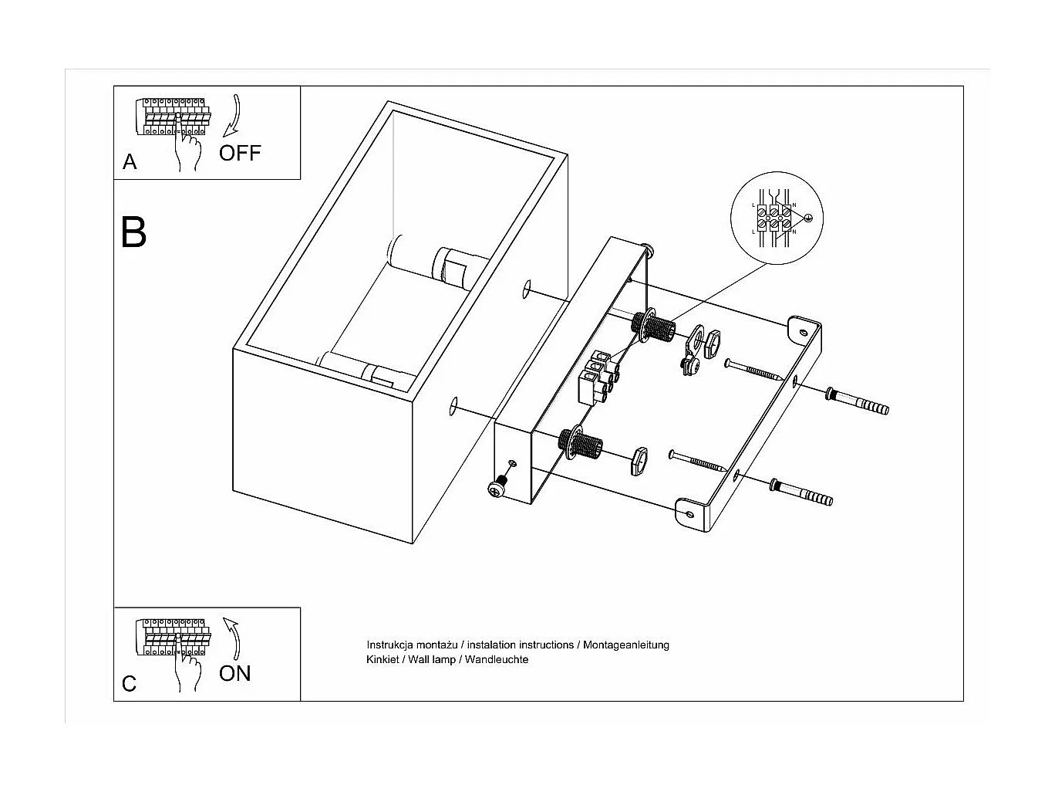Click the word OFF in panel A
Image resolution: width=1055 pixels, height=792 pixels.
click(240, 153)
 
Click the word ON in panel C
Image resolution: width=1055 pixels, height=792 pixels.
click(235, 673)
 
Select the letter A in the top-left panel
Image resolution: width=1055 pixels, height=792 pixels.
click(130, 162)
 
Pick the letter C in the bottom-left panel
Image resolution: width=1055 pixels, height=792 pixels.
click(130, 684)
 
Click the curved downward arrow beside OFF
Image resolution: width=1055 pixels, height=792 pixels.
click(232, 116)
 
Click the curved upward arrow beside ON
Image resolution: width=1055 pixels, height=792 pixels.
click(232, 638)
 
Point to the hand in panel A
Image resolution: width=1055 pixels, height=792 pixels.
click(187, 150)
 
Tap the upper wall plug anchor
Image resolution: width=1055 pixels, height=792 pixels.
click(858, 401)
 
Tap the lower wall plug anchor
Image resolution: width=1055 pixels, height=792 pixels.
click(801, 491)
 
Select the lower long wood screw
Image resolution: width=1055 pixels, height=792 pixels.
click(698, 461)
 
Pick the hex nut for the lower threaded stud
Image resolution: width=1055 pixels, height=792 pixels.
click(638, 461)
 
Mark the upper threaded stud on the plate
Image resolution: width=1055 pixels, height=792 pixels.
click(656, 327)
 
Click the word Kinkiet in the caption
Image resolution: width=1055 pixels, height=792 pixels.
click(383, 660)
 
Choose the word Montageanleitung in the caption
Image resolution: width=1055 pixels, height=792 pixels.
click(626, 645)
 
